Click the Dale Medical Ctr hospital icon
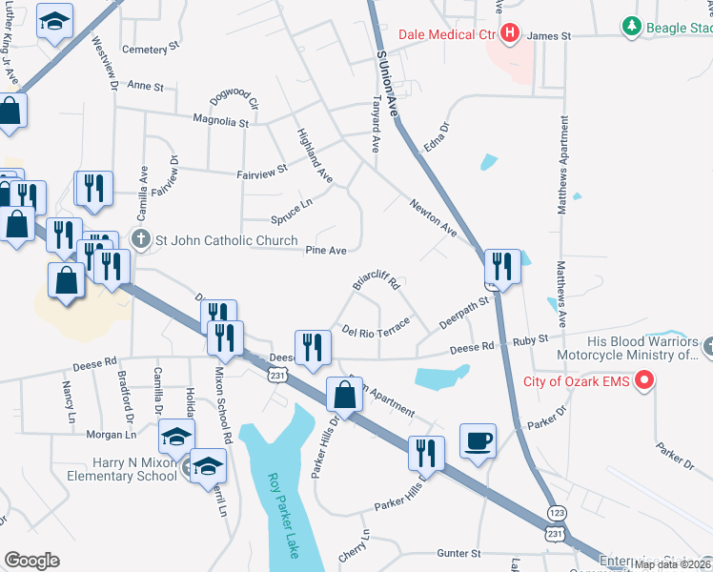[510, 35]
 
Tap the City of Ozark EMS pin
[643, 382]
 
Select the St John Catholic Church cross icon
[140, 239]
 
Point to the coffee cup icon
[478, 442]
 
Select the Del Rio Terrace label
[376, 326]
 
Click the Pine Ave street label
[325, 250]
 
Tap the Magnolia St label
[220, 122]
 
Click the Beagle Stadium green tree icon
[629, 27]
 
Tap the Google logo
[31, 561]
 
